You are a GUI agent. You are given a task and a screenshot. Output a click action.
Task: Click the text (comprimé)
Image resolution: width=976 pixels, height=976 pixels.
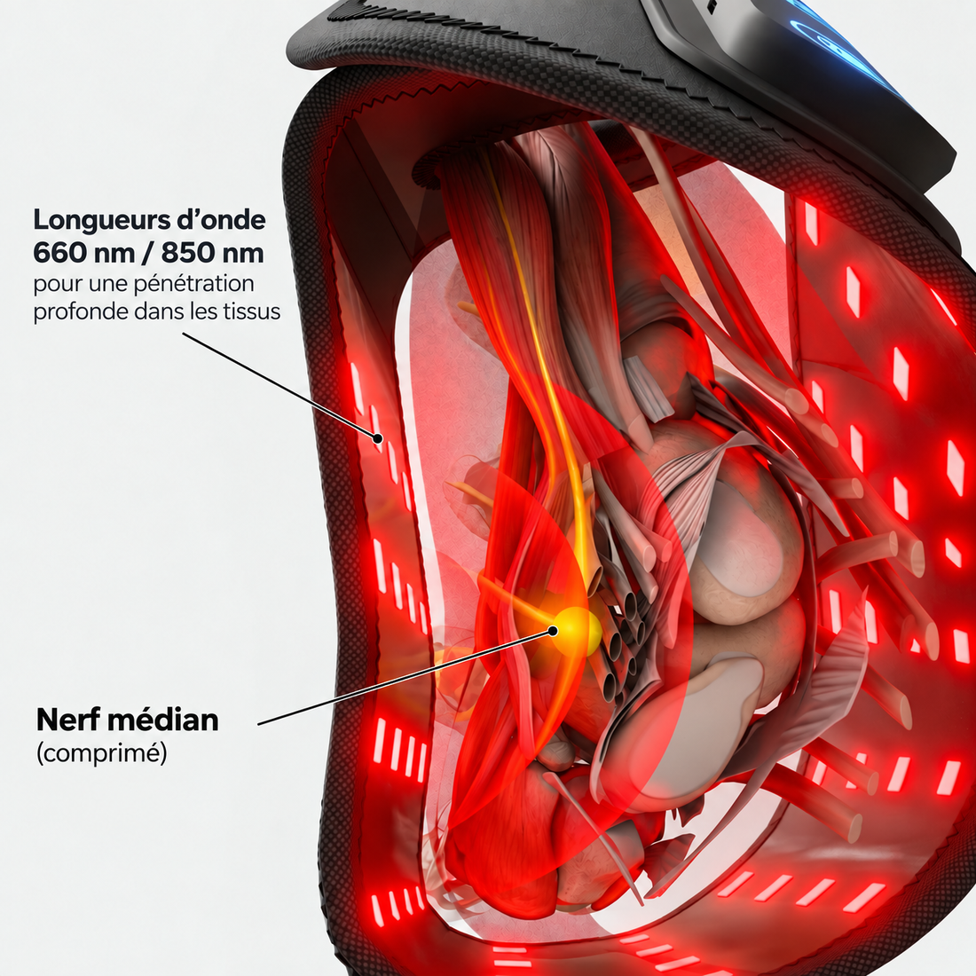101,753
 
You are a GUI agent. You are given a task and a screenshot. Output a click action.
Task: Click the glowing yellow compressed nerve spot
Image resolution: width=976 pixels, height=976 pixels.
576,630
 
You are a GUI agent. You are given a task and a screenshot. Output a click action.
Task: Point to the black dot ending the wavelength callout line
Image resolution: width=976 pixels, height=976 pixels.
377,438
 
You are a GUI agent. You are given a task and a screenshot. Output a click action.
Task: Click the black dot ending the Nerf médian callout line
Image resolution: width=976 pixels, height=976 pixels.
552,631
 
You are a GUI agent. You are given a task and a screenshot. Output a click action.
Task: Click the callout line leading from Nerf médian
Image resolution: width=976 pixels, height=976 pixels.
405,677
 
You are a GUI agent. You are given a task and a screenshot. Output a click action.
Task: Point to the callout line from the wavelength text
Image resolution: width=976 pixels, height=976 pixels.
280,385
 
